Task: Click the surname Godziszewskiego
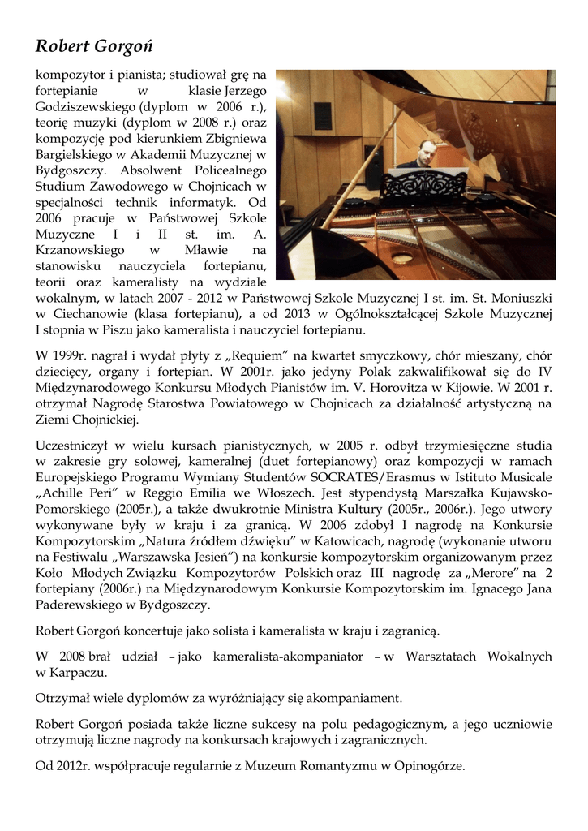(x=86, y=106)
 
